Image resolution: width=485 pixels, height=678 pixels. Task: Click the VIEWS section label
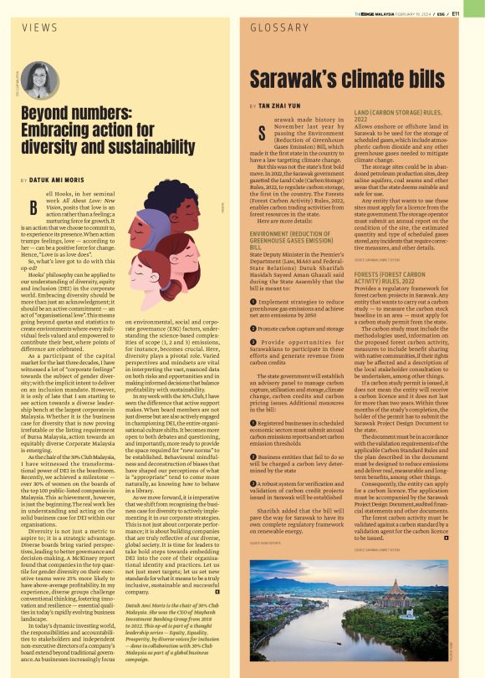tap(39, 27)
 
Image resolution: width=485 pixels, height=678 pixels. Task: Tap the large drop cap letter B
tap(32, 209)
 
